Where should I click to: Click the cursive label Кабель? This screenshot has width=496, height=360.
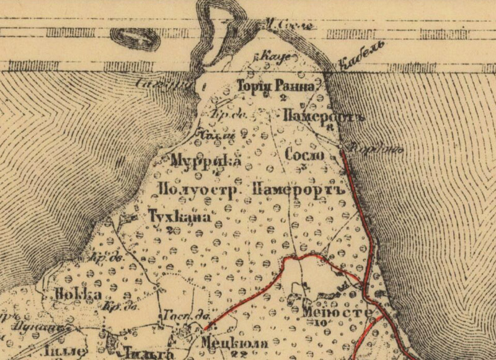pyautogui.click(x=362, y=55)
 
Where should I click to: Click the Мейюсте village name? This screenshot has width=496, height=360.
pyautogui.click(x=338, y=312)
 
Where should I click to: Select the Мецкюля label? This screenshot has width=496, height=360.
pyautogui.click(x=234, y=343)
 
